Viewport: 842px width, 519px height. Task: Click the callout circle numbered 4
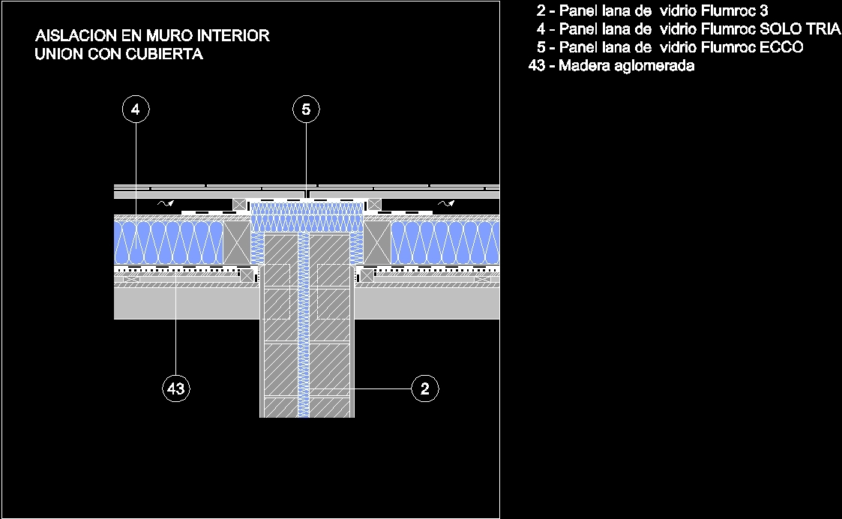(135, 110)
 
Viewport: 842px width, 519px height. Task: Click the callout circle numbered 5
(306, 110)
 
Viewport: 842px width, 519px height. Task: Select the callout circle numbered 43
(175, 388)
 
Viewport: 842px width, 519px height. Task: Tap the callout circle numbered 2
(425, 388)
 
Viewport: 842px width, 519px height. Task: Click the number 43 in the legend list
(537, 66)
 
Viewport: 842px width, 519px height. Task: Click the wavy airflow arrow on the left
(163, 202)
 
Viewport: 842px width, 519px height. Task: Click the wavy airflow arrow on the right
(446, 202)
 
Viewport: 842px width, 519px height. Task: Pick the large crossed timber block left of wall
(238, 241)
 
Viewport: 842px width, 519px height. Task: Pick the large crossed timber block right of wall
(376, 241)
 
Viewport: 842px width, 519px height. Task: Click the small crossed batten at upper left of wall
(239, 204)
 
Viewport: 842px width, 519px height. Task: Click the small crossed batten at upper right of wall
(374, 204)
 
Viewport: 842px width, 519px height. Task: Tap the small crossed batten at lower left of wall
(244, 275)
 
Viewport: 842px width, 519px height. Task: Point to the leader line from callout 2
(382, 388)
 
